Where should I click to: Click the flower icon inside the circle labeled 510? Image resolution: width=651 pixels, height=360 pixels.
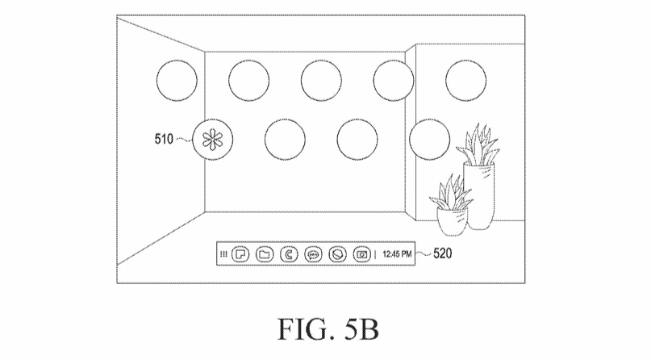tap(212, 140)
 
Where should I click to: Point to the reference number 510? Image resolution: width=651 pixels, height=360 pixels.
tap(164, 139)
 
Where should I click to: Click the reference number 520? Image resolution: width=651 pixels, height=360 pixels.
tap(442, 253)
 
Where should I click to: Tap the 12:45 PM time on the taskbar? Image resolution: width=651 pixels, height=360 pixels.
tap(397, 253)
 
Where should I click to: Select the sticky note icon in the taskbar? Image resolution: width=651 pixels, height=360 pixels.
tap(240, 254)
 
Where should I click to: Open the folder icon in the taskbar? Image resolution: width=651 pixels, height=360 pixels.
tap(264, 254)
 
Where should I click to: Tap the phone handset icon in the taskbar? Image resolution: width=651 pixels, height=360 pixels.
tap(289, 254)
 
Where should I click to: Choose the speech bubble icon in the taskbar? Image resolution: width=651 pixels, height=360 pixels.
tap(313, 254)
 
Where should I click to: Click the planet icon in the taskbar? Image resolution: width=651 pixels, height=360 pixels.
tap(337, 254)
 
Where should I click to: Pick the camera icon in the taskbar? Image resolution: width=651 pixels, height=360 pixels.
tap(361, 254)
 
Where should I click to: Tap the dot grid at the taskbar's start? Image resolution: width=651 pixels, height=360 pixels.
tap(223, 254)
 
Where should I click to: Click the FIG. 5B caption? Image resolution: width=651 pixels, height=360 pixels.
tap(328, 329)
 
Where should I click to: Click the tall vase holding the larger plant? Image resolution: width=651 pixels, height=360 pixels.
tap(478, 196)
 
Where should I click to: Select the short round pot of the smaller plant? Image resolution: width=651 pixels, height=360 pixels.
tap(452, 221)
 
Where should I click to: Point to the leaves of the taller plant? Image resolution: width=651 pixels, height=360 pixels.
tap(478, 144)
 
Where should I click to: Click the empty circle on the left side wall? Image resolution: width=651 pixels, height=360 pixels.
tap(177, 81)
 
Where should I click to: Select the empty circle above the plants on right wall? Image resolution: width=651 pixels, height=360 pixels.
tap(465, 81)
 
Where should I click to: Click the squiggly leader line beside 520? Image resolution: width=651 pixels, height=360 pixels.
tap(424, 253)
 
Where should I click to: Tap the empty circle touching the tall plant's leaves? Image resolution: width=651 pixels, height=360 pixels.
tap(429, 140)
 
